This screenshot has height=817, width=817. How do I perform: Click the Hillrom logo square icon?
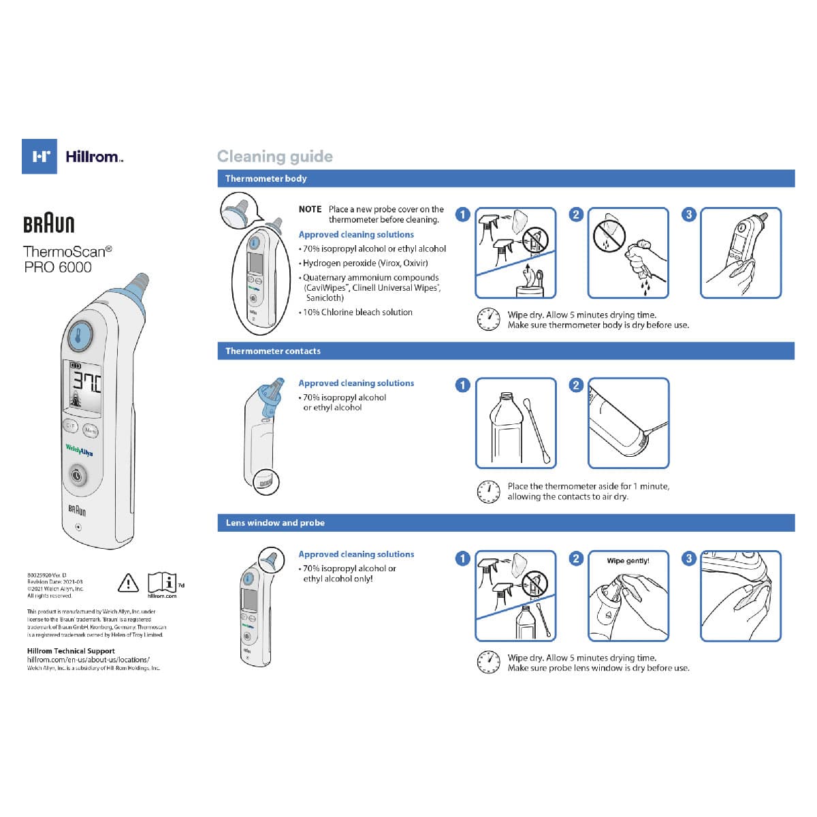(39, 157)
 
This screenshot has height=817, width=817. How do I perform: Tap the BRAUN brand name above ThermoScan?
(49, 225)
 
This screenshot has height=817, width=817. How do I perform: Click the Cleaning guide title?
(275, 157)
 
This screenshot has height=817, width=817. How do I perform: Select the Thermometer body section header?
(266, 178)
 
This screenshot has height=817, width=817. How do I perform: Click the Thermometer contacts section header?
(273, 351)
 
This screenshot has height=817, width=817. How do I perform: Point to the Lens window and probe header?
(275, 523)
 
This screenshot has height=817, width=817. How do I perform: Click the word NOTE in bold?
(310, 209)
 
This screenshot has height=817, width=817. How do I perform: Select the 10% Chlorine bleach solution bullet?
(357, 313)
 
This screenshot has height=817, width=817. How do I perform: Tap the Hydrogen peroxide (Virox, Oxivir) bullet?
(365, 263)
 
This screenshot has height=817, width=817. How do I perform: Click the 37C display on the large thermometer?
(86, 383)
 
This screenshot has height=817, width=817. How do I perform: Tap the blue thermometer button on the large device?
(80, 336)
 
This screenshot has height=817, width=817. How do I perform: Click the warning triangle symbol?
(128, 583)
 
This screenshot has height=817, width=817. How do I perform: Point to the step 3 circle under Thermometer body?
(689, 214)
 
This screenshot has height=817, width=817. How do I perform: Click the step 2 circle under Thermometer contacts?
(576, 385)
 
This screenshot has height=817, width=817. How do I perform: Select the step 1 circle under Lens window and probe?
(463, 558)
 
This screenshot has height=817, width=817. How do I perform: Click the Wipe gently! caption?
(628, 561)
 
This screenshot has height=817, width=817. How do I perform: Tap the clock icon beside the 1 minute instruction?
(488, 491)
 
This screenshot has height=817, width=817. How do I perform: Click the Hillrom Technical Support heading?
(71, 651)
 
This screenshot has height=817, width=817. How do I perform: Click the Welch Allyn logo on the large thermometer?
(79, 450)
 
